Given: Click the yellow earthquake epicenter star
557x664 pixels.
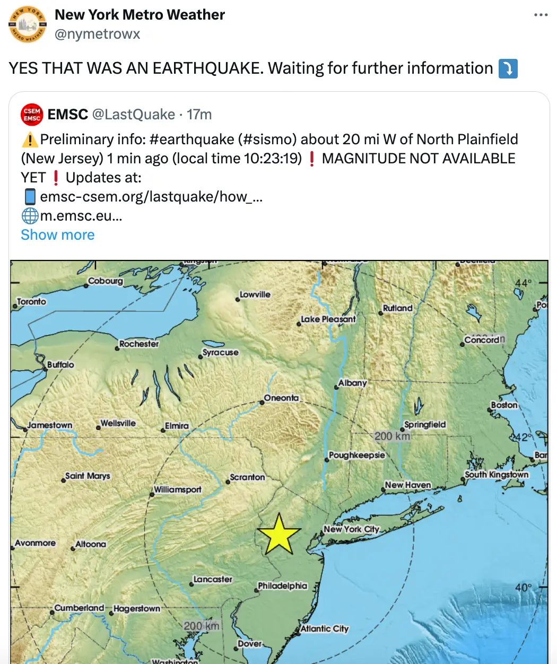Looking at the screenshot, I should [278, 534].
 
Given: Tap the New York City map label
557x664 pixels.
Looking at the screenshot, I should [351, 529].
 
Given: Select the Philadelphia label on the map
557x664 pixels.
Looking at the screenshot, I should [282, 586].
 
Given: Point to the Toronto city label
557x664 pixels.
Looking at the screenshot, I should [31, 301].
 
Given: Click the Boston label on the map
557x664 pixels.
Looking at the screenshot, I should [504, 405].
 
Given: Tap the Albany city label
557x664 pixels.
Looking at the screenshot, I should [352, 382].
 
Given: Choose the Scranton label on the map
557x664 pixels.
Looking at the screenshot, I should [247, 477].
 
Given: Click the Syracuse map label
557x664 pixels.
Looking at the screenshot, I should [220, 352].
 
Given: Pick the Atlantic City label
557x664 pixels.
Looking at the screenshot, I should [324, 628].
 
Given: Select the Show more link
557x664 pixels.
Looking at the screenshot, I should [58, 235].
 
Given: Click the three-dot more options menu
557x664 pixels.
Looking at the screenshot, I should [541, 15].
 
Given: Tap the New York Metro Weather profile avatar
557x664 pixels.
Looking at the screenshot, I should [27, 24].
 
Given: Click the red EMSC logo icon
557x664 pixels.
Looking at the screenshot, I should [32, 115].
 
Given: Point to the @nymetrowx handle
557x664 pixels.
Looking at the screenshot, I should [98, 34].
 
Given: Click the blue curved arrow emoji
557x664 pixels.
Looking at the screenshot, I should [508, 68].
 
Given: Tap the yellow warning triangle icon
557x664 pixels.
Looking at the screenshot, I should [30, 139].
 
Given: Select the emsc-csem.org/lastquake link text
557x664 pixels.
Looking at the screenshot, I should [151, 197].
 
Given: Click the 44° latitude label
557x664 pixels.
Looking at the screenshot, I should [523, 283].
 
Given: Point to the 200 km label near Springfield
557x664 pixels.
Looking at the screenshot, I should [392, 436].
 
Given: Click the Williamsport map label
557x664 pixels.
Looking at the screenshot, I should [178, 489].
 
